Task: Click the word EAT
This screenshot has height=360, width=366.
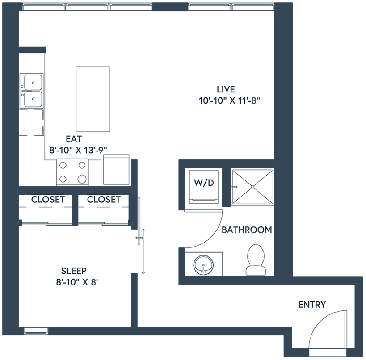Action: point(73,139)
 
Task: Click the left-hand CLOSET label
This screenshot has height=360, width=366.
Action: point(46,200)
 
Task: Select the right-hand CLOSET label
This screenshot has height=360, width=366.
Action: point(102,200)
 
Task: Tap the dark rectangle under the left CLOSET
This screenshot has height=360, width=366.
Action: point(45,210)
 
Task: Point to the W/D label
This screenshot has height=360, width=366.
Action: point(204,183)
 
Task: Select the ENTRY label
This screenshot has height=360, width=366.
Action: point(311,305)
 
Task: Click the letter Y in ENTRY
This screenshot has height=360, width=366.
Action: point(322,305)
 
